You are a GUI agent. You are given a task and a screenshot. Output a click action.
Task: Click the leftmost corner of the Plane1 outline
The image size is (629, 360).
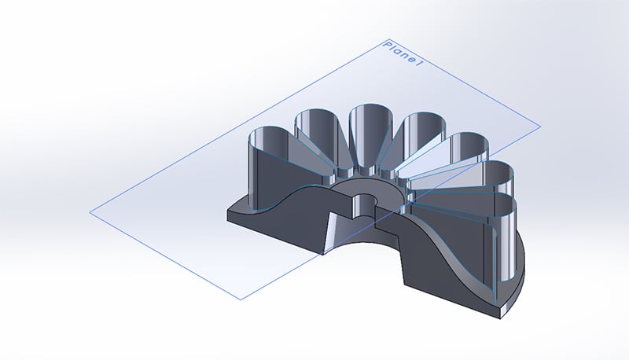(x=90, y=211)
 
